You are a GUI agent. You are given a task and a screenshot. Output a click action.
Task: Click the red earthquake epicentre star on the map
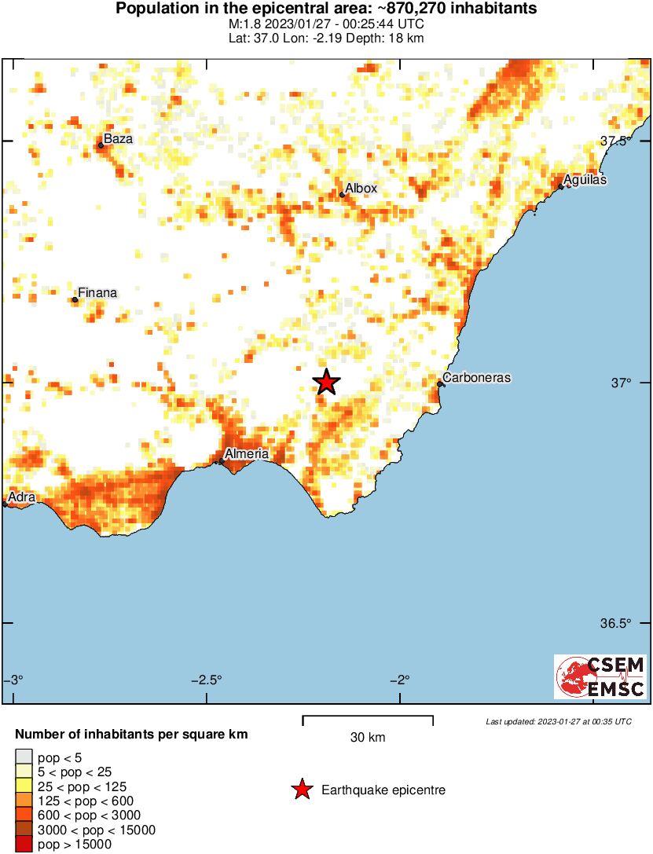click(326, 382)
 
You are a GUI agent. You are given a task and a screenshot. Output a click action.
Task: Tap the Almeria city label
click(247, 453)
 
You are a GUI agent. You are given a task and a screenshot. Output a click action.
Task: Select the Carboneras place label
click(476, 378)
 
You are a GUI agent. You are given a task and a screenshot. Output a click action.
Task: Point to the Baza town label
click(119, 139)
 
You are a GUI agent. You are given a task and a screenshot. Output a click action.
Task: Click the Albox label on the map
click(361, 189)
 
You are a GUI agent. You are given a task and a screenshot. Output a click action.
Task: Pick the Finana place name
click(98, 293)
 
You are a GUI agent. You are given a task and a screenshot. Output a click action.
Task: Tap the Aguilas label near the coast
click(585, 180)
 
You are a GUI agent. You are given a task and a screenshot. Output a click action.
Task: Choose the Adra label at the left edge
click(22, 497)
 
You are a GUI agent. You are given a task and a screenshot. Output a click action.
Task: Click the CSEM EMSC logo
click(600, 677)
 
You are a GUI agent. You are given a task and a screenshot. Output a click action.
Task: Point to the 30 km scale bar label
click(368, 737)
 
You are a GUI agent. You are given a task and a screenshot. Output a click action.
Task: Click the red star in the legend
click(302, 790)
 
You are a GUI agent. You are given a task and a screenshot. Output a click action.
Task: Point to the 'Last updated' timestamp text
click(558, 721)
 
